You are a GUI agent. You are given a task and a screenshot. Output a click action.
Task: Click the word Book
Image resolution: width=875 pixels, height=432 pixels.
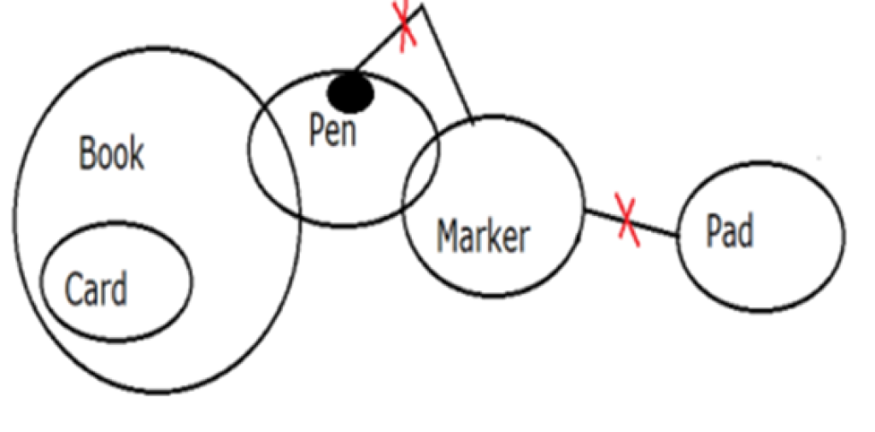[x=112, y=154]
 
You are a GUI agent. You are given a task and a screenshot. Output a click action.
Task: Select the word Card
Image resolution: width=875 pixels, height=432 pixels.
[x=96, y=289]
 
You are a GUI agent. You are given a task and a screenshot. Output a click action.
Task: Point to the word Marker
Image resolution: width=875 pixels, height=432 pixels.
[x=483, y=235]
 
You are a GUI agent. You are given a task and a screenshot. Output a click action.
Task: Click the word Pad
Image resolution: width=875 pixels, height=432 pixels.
[x=730, y=231]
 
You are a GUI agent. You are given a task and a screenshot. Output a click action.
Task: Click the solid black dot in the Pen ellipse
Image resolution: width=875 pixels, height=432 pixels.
[x=351, y=92]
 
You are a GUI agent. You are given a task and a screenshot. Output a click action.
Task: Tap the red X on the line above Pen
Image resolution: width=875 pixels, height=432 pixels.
[x=405, y=26]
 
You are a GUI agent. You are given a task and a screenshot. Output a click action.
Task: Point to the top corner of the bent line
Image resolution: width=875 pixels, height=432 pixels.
[x=421, y=7]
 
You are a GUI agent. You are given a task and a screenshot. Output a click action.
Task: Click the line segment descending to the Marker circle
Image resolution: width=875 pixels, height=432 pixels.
[x=447, y=64]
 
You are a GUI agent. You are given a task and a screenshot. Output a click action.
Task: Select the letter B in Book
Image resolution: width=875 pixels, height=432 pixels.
[x=86, y=155]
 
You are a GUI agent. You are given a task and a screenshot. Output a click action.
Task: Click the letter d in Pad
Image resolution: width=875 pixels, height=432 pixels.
[x=745, y=231]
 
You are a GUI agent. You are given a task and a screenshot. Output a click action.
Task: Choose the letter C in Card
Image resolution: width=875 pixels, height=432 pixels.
[x=74, y=289]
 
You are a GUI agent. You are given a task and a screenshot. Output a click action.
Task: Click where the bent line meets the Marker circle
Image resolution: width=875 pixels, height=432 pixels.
[x=471, y=119]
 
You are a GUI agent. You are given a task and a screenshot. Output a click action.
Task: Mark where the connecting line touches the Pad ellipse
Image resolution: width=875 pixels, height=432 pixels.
[x=678, y=235]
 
